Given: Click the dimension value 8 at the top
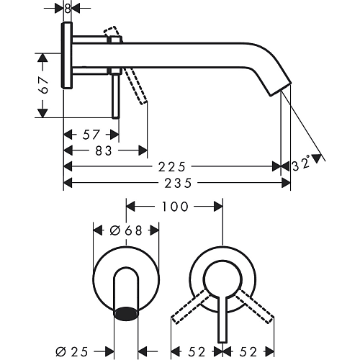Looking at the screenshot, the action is (68, 9).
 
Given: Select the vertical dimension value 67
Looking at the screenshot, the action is (44, 85).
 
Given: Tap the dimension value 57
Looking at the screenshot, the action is (91, 135).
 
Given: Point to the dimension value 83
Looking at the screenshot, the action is (104, 151).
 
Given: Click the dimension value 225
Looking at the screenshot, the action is (172, 167).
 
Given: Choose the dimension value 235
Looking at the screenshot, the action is (179, 183).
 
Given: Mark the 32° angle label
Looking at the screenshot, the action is (302, 164).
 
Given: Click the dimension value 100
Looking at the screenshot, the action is (175, 207).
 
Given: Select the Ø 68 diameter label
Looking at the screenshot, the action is (126, 230).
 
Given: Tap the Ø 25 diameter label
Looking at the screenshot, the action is (72, 352).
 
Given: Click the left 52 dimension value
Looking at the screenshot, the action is (197, 352).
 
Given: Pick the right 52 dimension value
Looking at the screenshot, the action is (248, 352).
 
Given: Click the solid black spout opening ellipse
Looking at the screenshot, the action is (126, 313).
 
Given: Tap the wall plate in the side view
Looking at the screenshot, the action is (67, 55).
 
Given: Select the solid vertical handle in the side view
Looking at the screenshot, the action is (116, 96).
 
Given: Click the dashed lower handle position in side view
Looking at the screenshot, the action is (135, 86).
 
